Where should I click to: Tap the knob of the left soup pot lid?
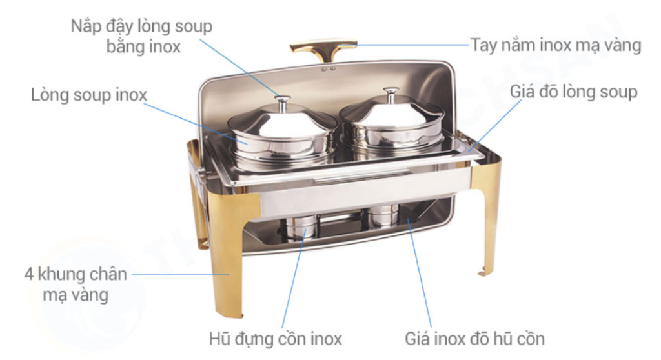(x=282, y=102)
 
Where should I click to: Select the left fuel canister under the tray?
(x=302, y=227)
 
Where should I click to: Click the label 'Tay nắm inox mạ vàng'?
(x=556, y=45)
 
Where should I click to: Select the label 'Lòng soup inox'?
(x=89, y=95)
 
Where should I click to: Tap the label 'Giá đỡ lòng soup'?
(x=573, y=92)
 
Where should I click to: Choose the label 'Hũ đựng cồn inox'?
(x=275, y=339)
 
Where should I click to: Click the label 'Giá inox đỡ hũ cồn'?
(x=474, y=339)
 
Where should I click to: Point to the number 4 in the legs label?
(x=28, y=274)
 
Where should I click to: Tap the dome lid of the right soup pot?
(x=392, y=111)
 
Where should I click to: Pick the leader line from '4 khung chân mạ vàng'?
(x=181, y=274)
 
